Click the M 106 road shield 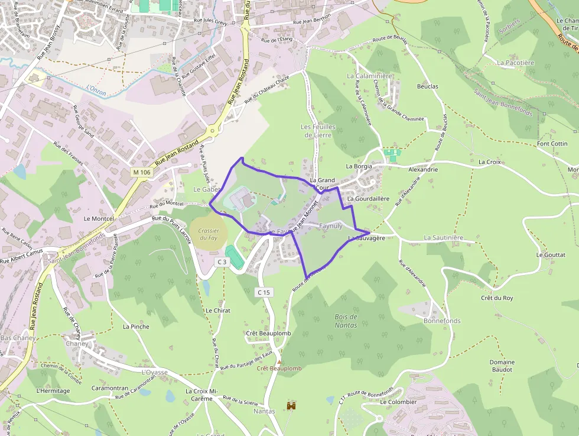[141, 172]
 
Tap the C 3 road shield [222, 261]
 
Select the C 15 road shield [264, 292]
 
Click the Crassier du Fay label [209, 234]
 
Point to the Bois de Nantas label [346, 321]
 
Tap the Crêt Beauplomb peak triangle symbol [279, 361]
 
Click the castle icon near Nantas [291, 406]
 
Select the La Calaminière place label [370, 76]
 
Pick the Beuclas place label [428, 86]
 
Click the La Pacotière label [515, 62]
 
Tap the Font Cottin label [552, 144]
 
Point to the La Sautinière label [444, 238]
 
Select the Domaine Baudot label [502, 366]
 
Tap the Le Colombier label [398, 402]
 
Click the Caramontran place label [110, 388]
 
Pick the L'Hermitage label [53, 390]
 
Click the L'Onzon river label [95, 88]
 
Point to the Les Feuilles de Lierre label [318, 131]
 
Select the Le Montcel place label [99, 218]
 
